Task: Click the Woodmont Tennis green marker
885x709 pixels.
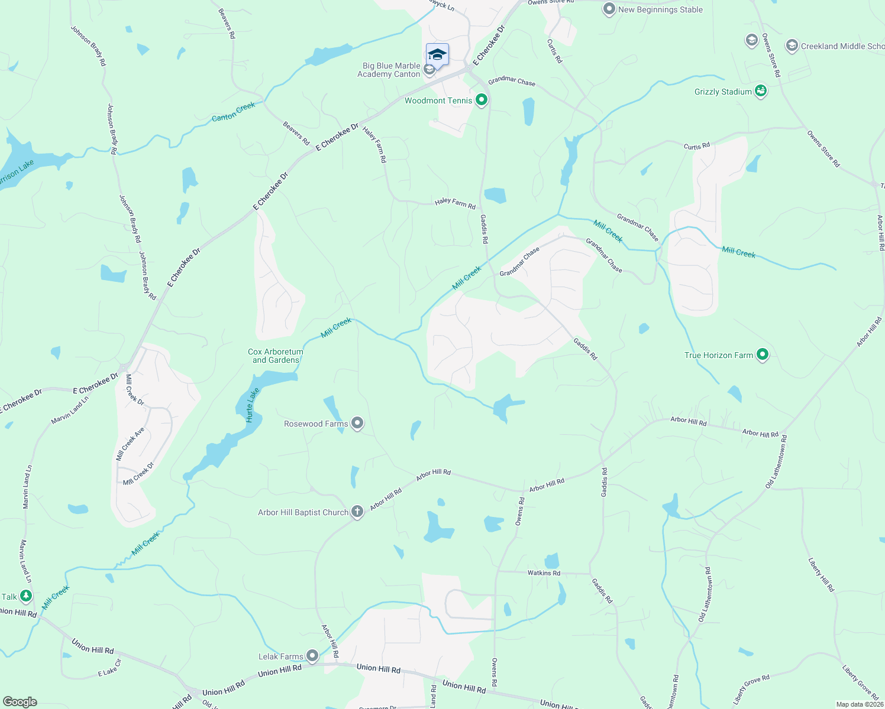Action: pos(482,100)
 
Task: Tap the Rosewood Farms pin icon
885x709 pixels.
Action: pos(357,423)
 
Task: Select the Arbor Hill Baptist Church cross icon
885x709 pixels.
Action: pos(357,512)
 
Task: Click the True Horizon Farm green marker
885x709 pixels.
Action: pos(763,354)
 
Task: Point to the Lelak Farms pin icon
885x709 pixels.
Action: pos(312,656)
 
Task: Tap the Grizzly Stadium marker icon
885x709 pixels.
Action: pos(761,91)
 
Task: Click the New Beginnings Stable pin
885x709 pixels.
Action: pos(609,9)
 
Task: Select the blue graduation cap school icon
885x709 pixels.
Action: pos(437,55)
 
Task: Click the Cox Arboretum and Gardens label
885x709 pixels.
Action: pos(276,356)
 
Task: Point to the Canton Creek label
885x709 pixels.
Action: pos(234,112)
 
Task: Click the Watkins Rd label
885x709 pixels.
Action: pos(544,573)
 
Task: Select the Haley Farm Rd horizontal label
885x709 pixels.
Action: pos(455,203)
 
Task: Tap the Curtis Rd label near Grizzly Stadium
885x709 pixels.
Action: pos(696,146)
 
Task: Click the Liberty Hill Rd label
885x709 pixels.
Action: pos(821,574)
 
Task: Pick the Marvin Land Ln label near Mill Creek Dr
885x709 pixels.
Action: pos(70,409)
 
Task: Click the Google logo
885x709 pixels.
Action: pos(20,702)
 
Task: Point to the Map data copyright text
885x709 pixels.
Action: pos(860,704)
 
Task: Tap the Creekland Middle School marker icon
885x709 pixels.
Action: pos(792,45)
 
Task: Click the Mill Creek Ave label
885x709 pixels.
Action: pos(131,444)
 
